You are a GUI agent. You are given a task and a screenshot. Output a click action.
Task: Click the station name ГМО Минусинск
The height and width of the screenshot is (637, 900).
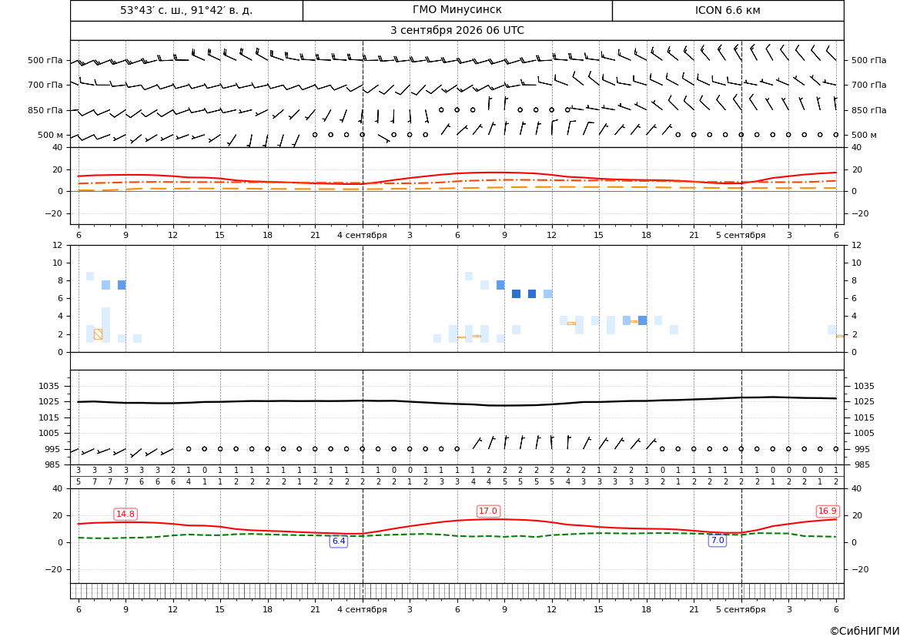(457, 10)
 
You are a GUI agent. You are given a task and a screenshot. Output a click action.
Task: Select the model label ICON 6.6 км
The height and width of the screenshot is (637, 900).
(728, 10)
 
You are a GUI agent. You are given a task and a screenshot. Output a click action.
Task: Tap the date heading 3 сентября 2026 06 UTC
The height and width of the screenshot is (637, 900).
(457, 31)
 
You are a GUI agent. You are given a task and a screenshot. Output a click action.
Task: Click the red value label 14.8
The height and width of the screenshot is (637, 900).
(125, 514)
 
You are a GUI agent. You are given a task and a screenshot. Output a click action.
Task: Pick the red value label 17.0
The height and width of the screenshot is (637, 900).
(488, 511)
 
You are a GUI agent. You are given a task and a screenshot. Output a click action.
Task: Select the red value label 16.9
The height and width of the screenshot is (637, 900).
(827, 511)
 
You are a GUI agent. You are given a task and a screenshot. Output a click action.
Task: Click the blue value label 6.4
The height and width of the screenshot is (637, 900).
(339, 541)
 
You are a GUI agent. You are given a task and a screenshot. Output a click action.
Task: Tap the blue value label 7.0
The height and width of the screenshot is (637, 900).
(718, 541)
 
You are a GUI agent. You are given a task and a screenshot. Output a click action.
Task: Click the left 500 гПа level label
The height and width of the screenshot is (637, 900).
(45, 60)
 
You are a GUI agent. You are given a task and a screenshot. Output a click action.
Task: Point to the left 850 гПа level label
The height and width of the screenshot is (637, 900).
(45, 110)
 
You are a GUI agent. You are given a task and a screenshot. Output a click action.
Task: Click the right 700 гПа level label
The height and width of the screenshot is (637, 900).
(869, 85)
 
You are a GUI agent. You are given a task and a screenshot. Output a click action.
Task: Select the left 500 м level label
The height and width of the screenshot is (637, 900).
(50, 135)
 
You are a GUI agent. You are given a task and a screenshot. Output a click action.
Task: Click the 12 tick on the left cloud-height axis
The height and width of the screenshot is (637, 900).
(58, 245)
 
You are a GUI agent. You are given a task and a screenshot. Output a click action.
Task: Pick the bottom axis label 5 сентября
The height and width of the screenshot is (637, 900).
(741, 609)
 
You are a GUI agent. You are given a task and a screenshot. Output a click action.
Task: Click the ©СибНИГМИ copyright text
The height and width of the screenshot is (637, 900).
(865, 631)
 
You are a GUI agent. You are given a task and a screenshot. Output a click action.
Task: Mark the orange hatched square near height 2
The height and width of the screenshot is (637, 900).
(98, 334)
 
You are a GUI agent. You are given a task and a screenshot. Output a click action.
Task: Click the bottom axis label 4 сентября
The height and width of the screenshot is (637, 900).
(362, 609)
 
